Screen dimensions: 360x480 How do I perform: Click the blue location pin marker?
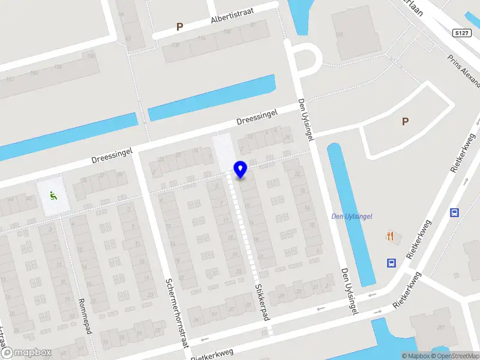tap(241, 170)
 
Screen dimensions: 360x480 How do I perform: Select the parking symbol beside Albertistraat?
tap(179, 26)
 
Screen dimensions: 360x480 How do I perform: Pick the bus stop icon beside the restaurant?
tap(391, 262)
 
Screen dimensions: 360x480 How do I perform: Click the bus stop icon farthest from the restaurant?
tap(454, 212)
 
